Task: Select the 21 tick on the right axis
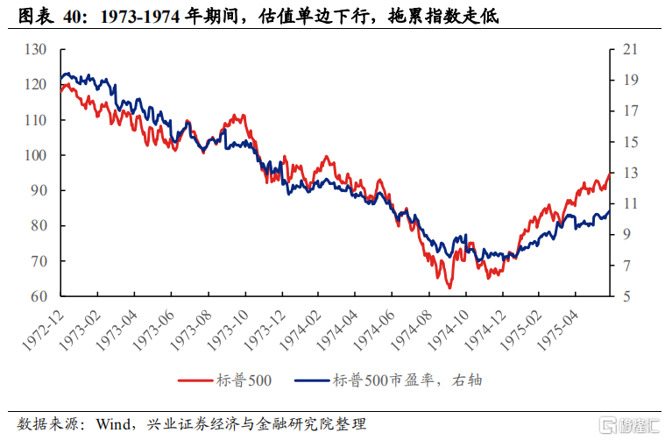[630, 49]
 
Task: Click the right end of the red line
[610, 174]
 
